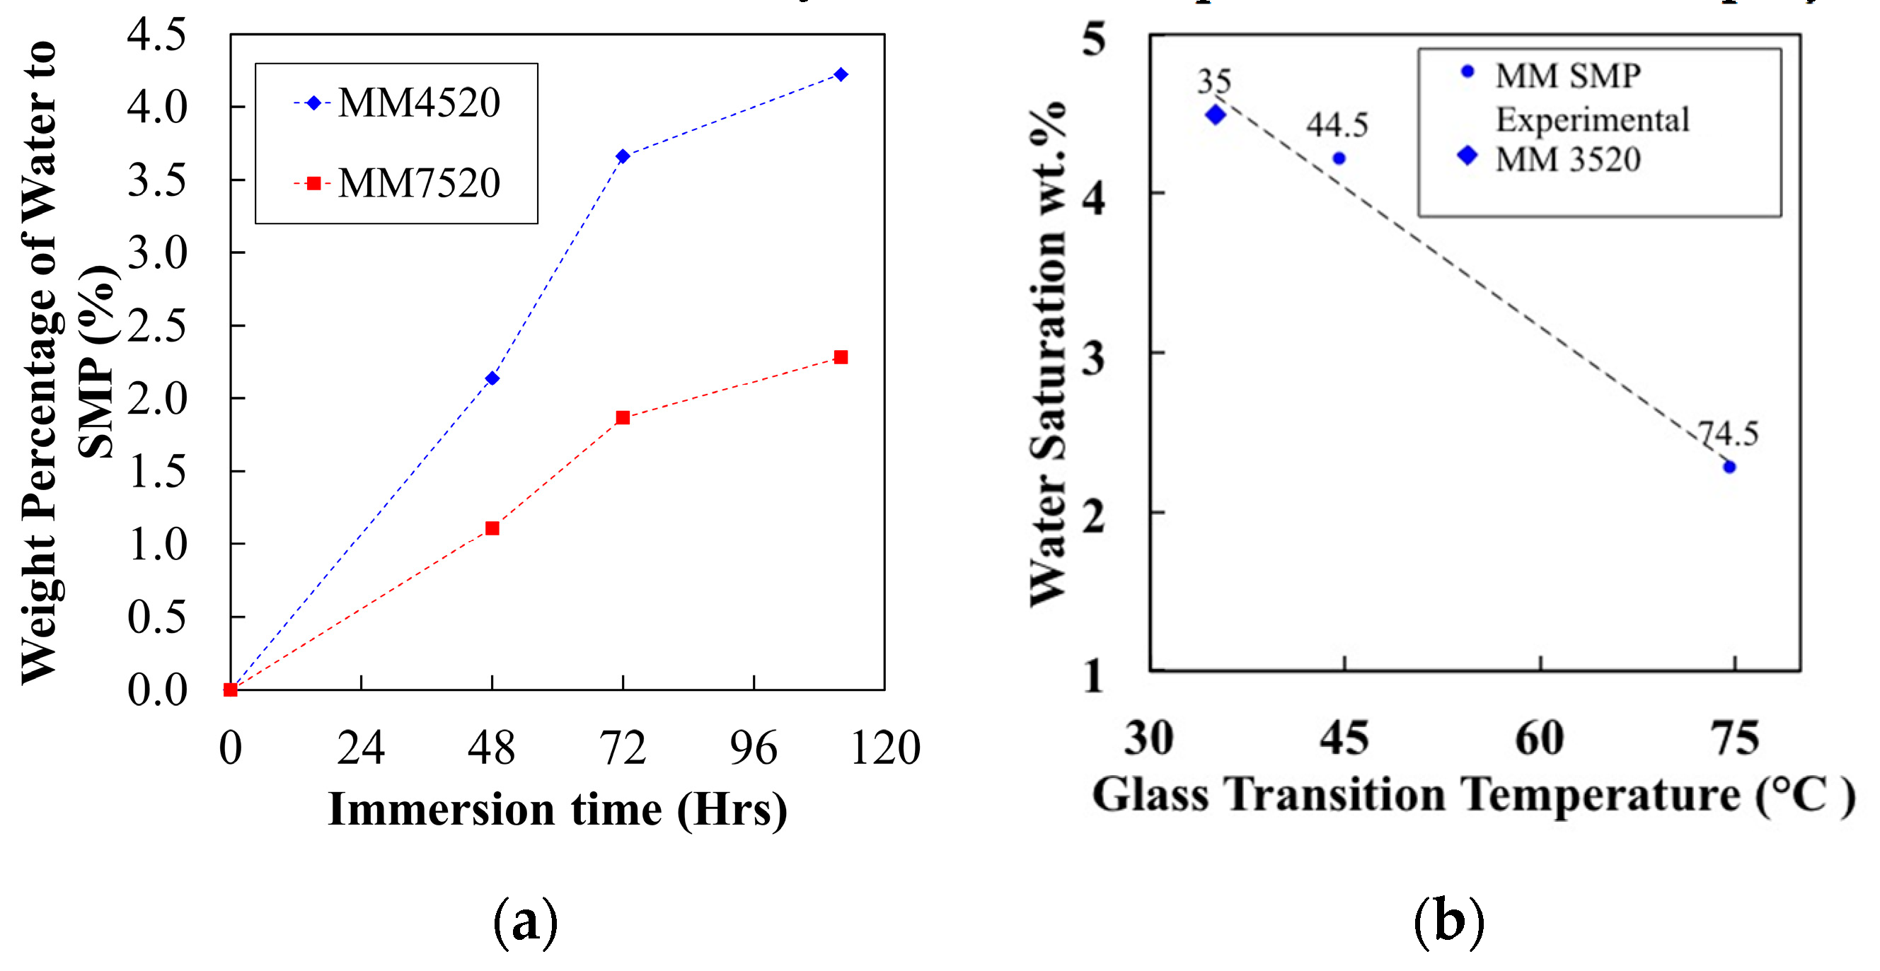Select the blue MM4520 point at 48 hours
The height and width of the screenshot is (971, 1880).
[x=492, y=378]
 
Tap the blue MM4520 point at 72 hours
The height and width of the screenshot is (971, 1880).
[x=623, y=156]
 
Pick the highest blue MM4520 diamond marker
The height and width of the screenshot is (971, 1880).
[x=841, y=74]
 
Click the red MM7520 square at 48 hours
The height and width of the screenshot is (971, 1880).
[x=492, y=528]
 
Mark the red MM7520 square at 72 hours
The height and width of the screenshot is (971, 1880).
[x=623, y=417]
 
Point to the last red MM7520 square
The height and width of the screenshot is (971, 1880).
[x=841, y=356]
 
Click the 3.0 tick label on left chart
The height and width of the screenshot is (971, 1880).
[x=157, y=253]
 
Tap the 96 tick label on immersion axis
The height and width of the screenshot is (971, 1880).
[x=753, y=748]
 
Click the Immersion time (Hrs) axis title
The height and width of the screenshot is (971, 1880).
[x=558, y=810]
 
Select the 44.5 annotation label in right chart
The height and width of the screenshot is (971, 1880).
[x=1337, y=124]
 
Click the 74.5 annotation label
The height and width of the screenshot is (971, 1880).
[x=1728, y=434]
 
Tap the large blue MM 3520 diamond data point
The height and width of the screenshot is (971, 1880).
[x=1216, y=115]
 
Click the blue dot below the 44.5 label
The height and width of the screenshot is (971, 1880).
[x=1339, y=158]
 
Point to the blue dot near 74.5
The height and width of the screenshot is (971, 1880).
[x=1729, y=467]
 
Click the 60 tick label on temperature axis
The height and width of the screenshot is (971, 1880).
[x=1540, y=738]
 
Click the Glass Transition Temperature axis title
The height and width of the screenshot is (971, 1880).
[x=1472, y=794]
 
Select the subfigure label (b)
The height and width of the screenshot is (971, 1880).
[x=1448, y=922]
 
